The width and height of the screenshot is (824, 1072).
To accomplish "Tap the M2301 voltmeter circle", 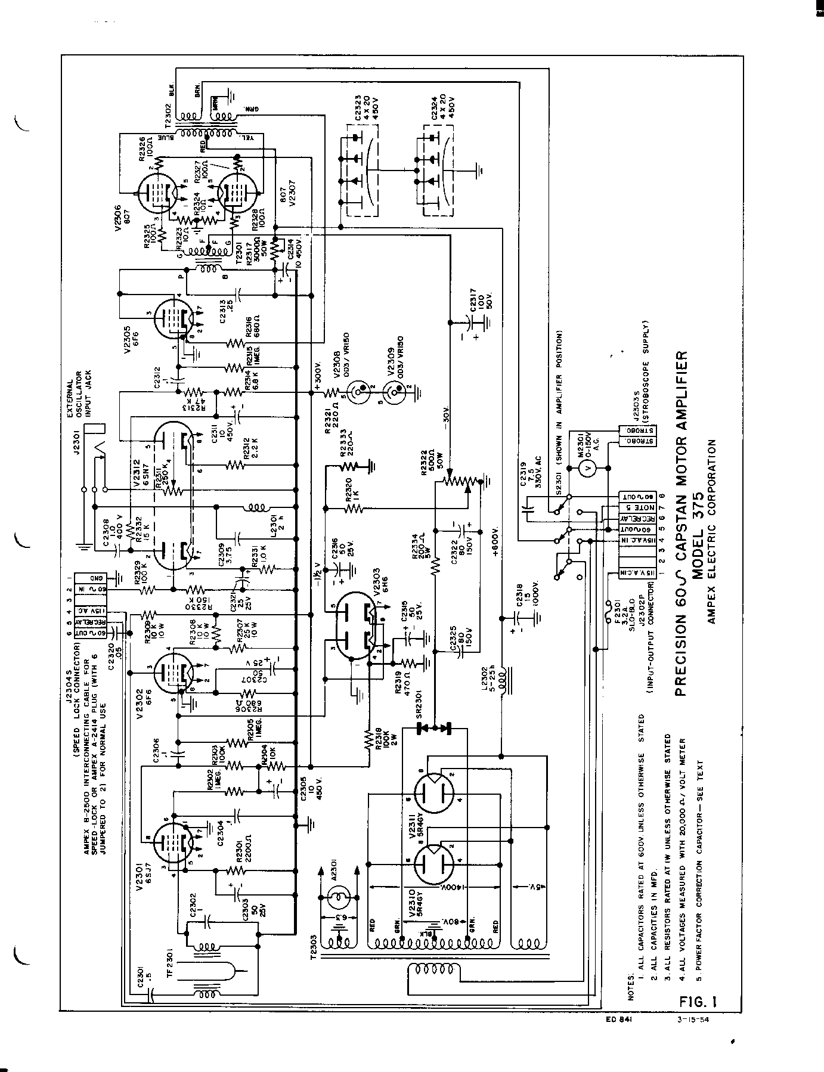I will (x=586, y=469).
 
